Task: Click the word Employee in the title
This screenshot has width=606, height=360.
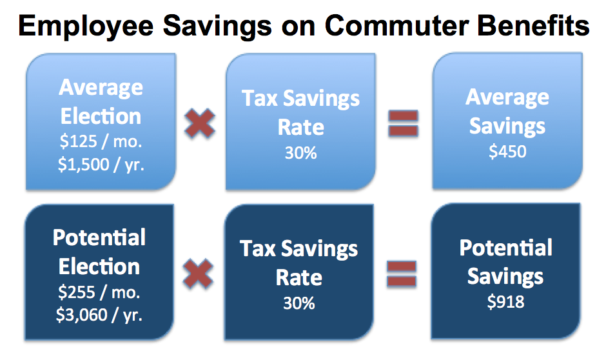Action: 86,27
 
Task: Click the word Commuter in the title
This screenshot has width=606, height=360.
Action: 396,26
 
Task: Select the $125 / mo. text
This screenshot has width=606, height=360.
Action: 101,141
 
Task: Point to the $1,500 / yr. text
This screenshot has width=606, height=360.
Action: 101,165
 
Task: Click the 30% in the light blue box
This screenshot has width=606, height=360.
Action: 300,153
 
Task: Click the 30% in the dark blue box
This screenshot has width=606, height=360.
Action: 298,303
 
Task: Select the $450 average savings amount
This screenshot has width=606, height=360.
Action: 507,152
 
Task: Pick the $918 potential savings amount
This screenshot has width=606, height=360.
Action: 505,301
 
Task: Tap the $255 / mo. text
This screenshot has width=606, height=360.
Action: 99,292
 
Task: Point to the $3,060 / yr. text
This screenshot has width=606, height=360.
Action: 99,315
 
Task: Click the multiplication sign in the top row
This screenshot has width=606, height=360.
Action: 199,123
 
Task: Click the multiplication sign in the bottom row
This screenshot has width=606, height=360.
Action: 198,274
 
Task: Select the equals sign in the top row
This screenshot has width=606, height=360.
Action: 403,123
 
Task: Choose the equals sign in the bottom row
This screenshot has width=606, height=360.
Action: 402,274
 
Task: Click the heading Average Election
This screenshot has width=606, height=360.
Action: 101,102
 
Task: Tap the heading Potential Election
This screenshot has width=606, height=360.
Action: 99,252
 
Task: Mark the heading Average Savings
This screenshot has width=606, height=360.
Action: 507,112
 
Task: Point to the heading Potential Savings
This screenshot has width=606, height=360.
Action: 505,262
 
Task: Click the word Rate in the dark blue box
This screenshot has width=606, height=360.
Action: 298,277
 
